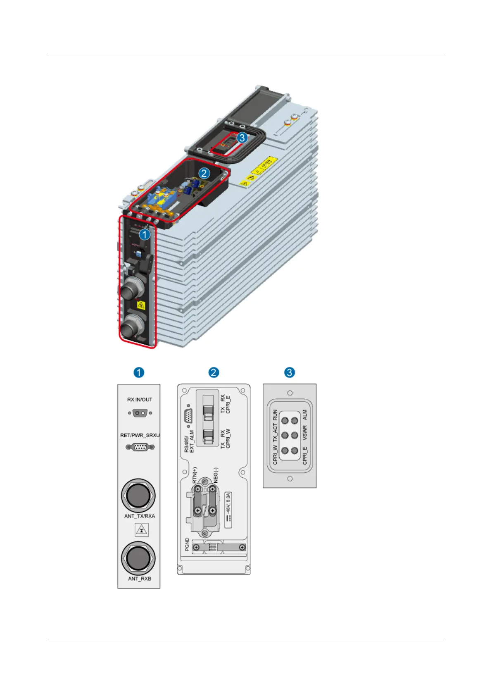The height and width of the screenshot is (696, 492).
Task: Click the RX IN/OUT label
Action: tap(140, 400)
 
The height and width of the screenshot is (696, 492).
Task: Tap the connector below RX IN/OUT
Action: tap(140, 413)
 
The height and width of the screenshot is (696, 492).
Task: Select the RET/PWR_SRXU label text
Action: tap(140, 435)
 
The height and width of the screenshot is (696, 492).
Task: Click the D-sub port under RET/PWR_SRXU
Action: tap(140, 447)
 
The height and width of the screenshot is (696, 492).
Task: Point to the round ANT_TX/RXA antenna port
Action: tap(138, 495)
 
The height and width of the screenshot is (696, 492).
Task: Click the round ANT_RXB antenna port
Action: tap(138, 558)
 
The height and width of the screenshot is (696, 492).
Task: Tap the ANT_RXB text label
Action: tap(140, 579)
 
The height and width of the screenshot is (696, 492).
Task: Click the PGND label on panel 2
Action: tap(187, 544)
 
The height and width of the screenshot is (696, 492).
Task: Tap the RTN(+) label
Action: tap(195, 475)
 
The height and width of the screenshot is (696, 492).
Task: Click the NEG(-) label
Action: tap(216, 475)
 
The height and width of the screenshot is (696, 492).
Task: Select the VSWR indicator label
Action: tap(305, 433)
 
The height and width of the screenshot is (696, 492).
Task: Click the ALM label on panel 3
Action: tap(305, 414)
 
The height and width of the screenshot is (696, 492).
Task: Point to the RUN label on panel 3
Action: tap(275, 415)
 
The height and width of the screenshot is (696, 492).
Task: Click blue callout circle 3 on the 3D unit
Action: tap(242, 138)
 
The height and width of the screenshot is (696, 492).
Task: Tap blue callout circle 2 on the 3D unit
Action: tap(204, 173)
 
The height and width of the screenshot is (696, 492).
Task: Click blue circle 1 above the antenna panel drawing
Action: tap(139, 372)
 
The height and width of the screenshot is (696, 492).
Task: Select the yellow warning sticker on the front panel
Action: tap(141, 306)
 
